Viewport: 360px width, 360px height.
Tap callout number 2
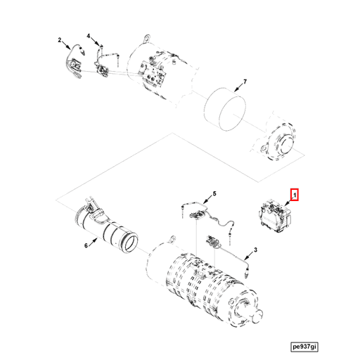click(60, 40)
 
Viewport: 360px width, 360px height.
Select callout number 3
click(256, 250)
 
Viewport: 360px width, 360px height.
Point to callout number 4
click(89, 36)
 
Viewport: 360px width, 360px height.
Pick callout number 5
click(215, 193)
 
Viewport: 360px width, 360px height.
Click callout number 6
click(86, 246)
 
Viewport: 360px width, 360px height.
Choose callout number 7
click(245, 83)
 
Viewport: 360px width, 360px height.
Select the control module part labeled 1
click(274, 214)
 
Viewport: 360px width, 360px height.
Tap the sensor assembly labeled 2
click(75, 62)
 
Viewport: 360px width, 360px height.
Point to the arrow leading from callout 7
click(238, 89)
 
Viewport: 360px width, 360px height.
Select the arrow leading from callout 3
click(249, 255)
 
